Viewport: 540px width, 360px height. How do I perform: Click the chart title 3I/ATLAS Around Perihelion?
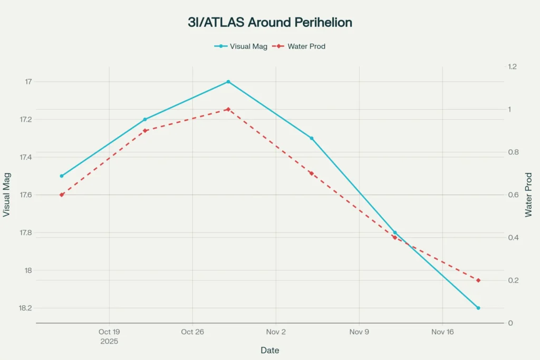(x=270, y=23)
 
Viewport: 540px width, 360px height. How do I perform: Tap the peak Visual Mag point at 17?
(x=228, y=82)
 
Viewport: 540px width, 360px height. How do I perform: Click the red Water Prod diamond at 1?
(x=228, y=109)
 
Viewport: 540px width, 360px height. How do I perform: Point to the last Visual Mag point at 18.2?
(x=478, y=308)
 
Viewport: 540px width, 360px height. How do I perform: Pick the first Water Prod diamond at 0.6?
(x=62, y=195)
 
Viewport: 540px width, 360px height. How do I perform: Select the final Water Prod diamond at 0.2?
(x=478, y=280)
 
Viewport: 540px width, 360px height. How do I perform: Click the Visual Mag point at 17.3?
(x=312, y=138)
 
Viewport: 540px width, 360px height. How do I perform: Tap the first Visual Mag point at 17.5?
(x=62, y=176)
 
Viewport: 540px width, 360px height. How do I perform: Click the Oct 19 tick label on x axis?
(x=109, y=332)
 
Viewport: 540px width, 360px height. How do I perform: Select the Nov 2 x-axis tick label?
(x=275, y=332)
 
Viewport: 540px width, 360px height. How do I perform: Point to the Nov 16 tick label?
(x=442, y=332)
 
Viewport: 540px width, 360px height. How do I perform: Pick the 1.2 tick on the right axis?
(x=512, y=67)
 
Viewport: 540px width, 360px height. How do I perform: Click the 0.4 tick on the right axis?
(x=512, y=238)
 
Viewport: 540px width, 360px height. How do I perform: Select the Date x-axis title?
(x=270, y=351)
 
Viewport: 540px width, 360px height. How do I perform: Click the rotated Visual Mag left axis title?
(x=6, y=195)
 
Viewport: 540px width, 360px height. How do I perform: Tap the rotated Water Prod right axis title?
(x=528, y=195)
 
